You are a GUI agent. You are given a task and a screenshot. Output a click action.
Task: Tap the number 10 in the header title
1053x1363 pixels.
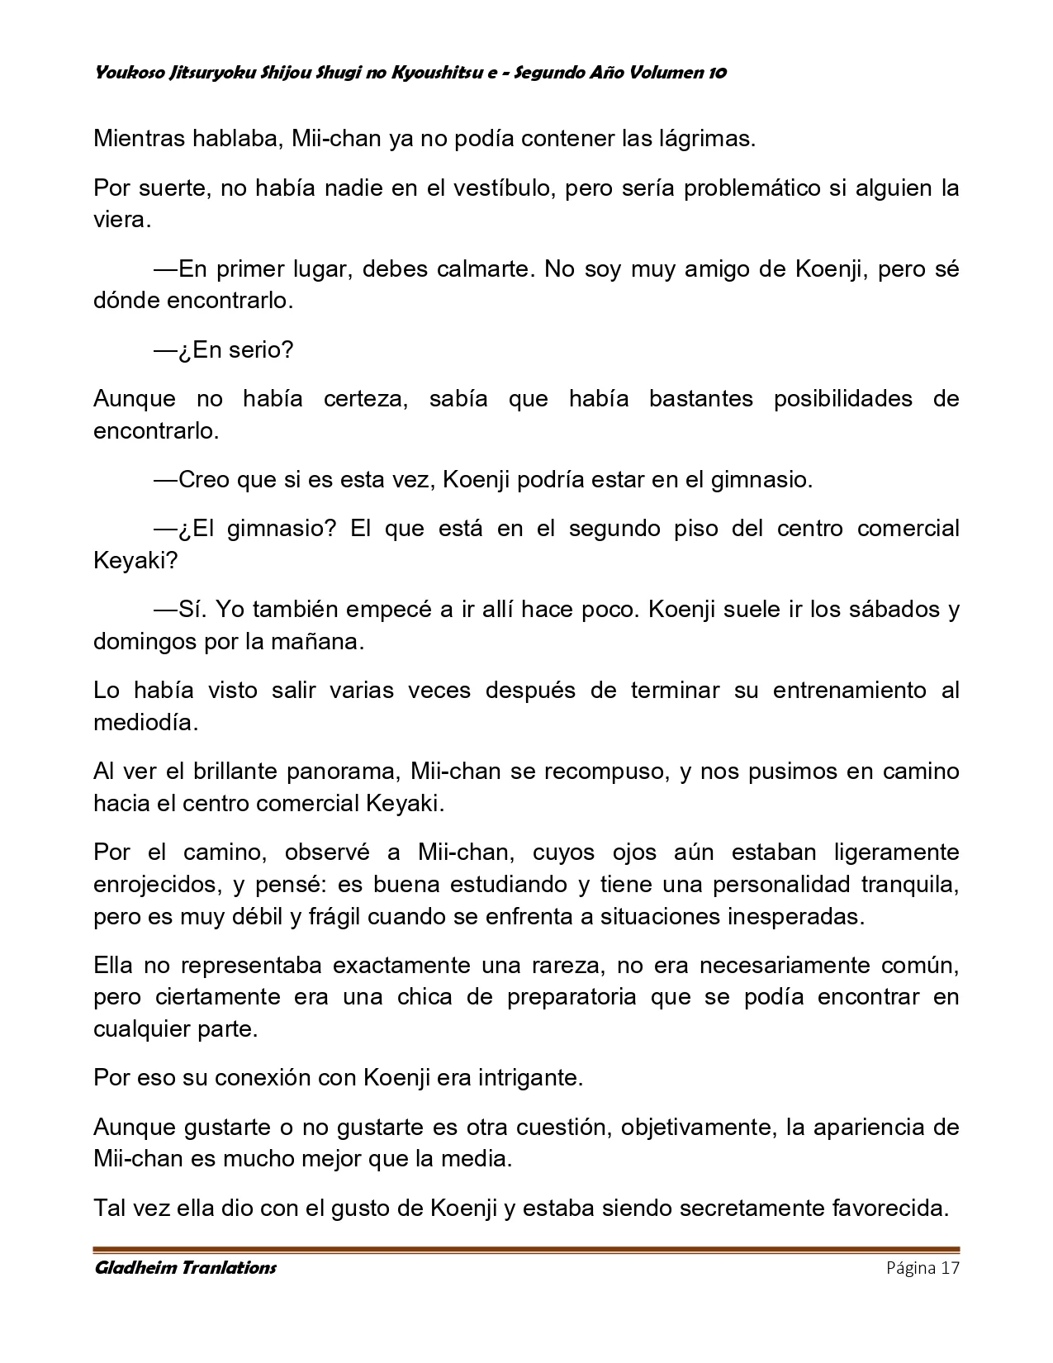pyautogui.click(x=717, y=73)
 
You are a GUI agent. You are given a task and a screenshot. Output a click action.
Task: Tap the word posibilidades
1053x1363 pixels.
pyautogui.click(x=842, y=399)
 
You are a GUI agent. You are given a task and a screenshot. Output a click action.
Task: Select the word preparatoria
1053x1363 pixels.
pyautogui.click(x=572, y=997)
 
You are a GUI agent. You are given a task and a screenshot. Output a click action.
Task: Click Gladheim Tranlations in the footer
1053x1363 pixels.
pyautogui.click(x=185, y=1268)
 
